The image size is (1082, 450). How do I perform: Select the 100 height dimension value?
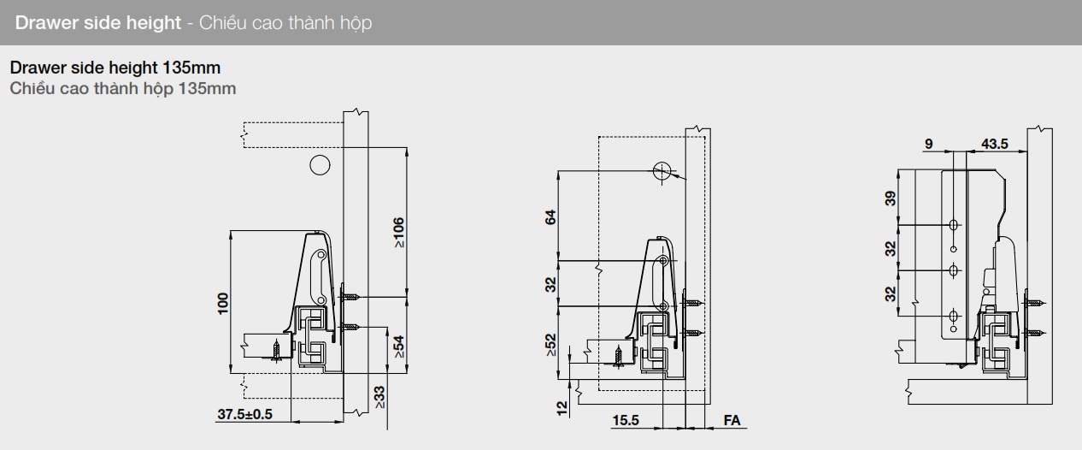click(x=223, y=303)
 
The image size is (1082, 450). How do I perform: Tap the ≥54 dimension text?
click(x=399, y=347)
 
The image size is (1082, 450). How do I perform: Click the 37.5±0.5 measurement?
click(x=244, y=414)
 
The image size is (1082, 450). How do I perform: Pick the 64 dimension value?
click(x=551, y=216)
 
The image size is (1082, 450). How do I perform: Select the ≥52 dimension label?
click(x=551, y=345)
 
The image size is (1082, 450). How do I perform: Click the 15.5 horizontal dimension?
click(x=626, y=420)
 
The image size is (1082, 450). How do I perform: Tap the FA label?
click(x=732, y=420)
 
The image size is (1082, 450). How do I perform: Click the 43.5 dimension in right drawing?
click(x=994, y=144)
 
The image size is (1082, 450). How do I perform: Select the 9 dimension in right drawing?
click(x=929, y=144)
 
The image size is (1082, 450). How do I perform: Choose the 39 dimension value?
click(x=891, y=198)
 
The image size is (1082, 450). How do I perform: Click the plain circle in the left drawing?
click(x=320, y=165)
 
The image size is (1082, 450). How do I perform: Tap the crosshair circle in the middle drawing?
click(x=662, y=171)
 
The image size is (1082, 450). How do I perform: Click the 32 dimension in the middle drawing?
click(x=551, y=283)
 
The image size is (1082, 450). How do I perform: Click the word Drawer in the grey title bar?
click(x=50, y=23)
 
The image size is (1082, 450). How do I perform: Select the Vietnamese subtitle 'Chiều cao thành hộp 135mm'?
click(x=122, y=88)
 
